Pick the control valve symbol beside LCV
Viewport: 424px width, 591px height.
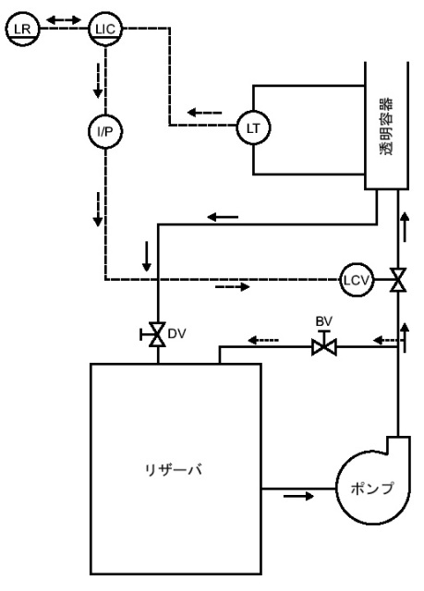398,280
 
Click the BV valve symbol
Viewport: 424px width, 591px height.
324,344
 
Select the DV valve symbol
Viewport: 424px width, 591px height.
155,334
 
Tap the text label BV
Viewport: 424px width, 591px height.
323,321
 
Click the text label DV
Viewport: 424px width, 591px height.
176,333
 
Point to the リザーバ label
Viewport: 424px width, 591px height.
174,470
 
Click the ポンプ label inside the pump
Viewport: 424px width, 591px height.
372,488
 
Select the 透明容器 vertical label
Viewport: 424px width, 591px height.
386,127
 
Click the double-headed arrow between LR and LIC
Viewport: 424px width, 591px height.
64,19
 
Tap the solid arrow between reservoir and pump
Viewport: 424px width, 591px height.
298,496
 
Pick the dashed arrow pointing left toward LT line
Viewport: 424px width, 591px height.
205,113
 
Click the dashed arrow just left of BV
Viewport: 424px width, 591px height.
263,341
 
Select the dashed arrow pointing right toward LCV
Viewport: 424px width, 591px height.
233,287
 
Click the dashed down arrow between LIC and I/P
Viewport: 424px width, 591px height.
98,80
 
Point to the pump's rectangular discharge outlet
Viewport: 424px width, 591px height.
398,445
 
